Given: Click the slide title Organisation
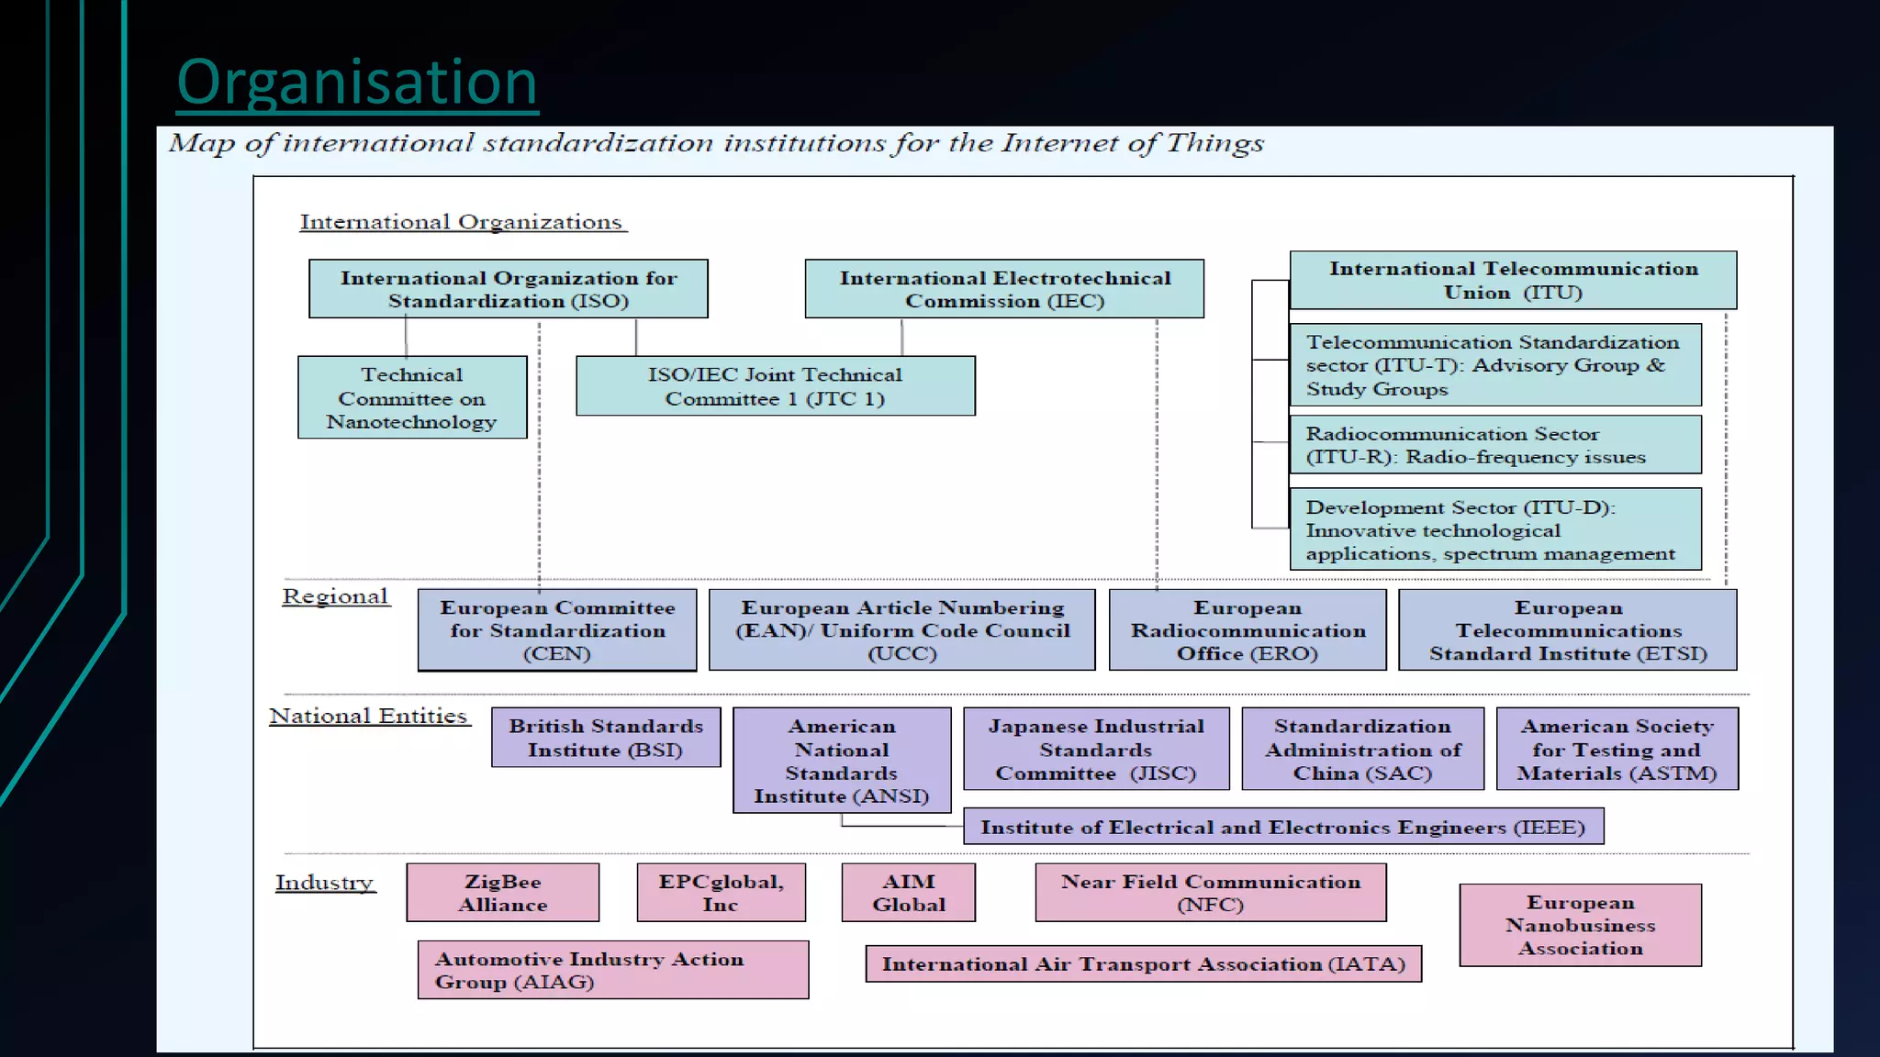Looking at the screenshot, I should pyautogui.click(x=357, y=83).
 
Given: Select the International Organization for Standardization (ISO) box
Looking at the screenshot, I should pyautogui.click(x=508, y=289).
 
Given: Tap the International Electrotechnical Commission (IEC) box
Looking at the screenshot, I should pyautogui.click(x=1004, y=289).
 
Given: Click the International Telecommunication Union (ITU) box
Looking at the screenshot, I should pyautogui.click(x=1513, y=280).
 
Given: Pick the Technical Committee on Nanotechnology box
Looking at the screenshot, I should pyautogui.click(x=412, y=397).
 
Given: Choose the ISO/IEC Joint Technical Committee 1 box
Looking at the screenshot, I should pyautogui.click(x=775, y=386).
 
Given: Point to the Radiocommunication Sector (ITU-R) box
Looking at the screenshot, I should pyautogui.click(x=1494, y=445).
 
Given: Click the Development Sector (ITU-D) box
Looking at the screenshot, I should pyautogui.click(x=1494, y=529).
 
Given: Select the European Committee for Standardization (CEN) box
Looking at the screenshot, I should pyautogui.click(x=557, y=630).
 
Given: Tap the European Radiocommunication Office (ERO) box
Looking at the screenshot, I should pyautogui.click(x=1248, y=630).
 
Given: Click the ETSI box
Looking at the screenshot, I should pyautogui.click(x=1567, y=630).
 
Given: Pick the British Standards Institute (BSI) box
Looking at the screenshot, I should pyautogui.click(x=606, y=738).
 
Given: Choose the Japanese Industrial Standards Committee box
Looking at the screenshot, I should pyautogui.click(x=1096, y=749).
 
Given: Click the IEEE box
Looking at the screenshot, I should pyautogui.click(x=1282, y=827).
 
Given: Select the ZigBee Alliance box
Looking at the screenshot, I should pyautogui.click(x=503, y=893).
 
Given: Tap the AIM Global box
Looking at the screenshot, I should pyautogui.click(x=908, y=893).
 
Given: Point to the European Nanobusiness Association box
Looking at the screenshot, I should pyautogui.click(x=1580, y=925).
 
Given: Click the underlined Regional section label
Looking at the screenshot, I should pyautogui.click(x=335, y=596).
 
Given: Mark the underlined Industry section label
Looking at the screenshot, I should pyautogui.click(x=325, y=883).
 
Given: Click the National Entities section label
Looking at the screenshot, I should pyautogui.click(x=369, y=716).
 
